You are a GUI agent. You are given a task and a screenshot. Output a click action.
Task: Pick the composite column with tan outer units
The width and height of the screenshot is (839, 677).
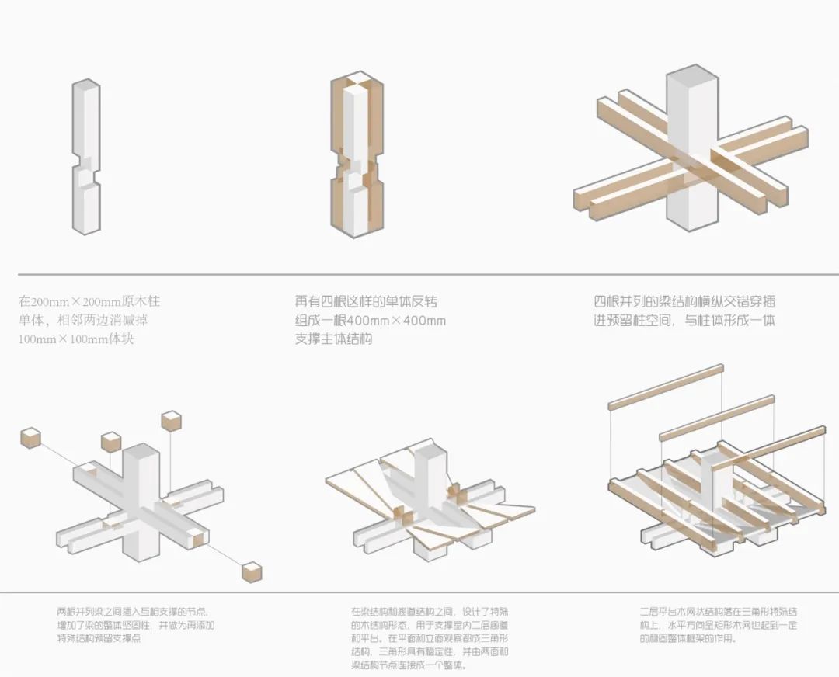point(357,155)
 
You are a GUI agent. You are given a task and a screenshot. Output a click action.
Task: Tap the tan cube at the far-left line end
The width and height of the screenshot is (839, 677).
point(30,437)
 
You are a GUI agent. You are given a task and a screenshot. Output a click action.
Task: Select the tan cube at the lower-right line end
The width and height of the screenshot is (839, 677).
point(252,573)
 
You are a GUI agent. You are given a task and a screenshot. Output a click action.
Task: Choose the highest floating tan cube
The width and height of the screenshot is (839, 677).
point(171,421)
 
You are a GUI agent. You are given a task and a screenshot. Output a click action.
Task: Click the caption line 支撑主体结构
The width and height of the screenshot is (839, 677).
point(334,339)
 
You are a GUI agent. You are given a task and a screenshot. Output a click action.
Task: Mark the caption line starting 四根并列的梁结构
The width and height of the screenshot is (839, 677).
point(684,301)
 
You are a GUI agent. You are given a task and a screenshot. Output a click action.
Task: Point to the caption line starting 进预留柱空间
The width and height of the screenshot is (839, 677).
point(684,320)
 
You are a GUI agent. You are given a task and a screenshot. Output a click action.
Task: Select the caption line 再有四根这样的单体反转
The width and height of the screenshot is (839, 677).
point(371,301)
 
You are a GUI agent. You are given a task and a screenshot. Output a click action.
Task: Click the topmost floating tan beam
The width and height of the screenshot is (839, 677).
point(665,386)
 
